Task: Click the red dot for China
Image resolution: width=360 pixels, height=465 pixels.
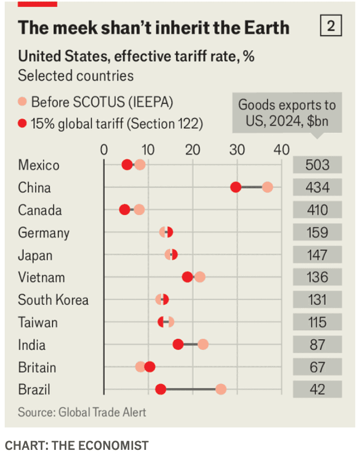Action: (236, 188)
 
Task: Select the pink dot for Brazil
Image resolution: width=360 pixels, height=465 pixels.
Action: (221, 389)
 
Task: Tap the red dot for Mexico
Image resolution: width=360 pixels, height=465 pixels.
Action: (127, 165)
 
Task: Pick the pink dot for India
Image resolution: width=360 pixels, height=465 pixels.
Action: (203, 345)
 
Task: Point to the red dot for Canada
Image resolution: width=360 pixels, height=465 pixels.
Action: (125, 210)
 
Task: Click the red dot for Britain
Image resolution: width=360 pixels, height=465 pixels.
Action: (150, 367)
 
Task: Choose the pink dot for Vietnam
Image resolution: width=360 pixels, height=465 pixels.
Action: (199, 277)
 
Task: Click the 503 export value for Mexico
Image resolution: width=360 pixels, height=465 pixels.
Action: (317, 165)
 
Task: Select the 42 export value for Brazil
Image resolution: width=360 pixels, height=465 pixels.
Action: (317, 389)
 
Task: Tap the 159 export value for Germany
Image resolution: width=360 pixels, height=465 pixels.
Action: (317, 232)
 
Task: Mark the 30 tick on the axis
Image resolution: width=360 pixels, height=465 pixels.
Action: (237, 151)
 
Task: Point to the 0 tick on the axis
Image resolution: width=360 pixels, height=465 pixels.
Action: (104, 151)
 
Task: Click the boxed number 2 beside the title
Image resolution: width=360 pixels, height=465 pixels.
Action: (331, 26)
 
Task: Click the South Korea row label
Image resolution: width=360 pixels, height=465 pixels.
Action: (53, 300)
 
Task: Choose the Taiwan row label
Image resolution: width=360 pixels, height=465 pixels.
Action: (38, 322)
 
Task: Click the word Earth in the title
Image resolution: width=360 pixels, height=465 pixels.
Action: (264, 27)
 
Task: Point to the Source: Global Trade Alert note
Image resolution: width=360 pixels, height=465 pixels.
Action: (82, 412)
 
